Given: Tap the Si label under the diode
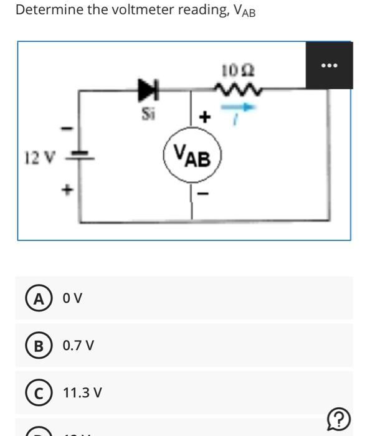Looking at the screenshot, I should coord(148,113).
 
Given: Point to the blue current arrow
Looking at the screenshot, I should coord(244,107).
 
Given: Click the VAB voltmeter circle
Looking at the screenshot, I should coord(192,156).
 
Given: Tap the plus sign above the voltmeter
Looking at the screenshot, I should coord(203,116).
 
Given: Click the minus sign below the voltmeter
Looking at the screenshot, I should coord(201,194).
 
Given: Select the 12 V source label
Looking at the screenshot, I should coord(37,158).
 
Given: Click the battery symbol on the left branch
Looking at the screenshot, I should coord(79,156).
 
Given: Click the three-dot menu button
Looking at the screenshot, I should coord(329,65).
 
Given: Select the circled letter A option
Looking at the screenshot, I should coord(39,299).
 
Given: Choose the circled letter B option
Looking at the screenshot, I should coord(39,346).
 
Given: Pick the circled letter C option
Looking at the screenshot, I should coord(39,392).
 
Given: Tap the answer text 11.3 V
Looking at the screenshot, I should coord(82,392).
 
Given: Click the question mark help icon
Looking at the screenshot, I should coord(338,419).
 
